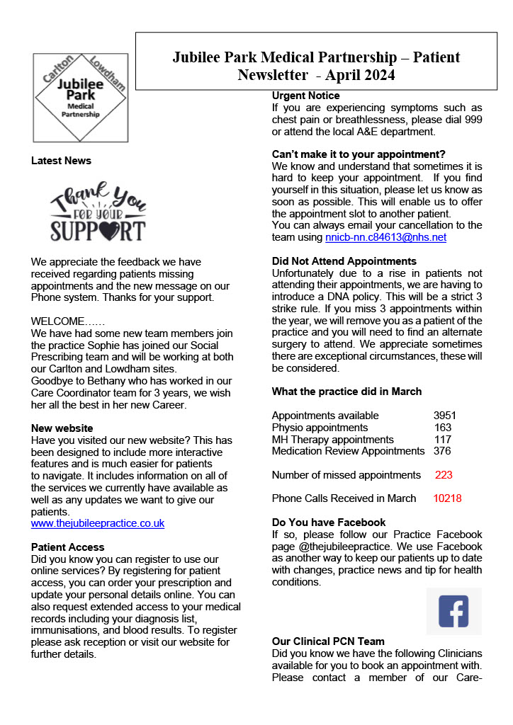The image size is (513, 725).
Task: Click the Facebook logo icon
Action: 453,610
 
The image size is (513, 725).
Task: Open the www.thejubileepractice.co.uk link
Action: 98,524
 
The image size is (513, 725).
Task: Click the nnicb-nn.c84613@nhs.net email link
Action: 385,237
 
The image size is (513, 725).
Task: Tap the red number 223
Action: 444,475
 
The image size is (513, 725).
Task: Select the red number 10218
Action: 447,498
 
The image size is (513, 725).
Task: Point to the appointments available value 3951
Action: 444,416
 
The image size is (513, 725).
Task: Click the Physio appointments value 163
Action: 443,428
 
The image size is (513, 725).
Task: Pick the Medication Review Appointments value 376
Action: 442,451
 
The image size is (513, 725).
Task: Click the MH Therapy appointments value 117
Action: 443,440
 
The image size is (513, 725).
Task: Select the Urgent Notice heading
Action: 305,96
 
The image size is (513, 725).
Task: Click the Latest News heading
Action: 61,161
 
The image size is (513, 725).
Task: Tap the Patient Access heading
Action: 67,547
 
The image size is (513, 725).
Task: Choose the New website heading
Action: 62,428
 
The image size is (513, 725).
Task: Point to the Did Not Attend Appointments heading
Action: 344,261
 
